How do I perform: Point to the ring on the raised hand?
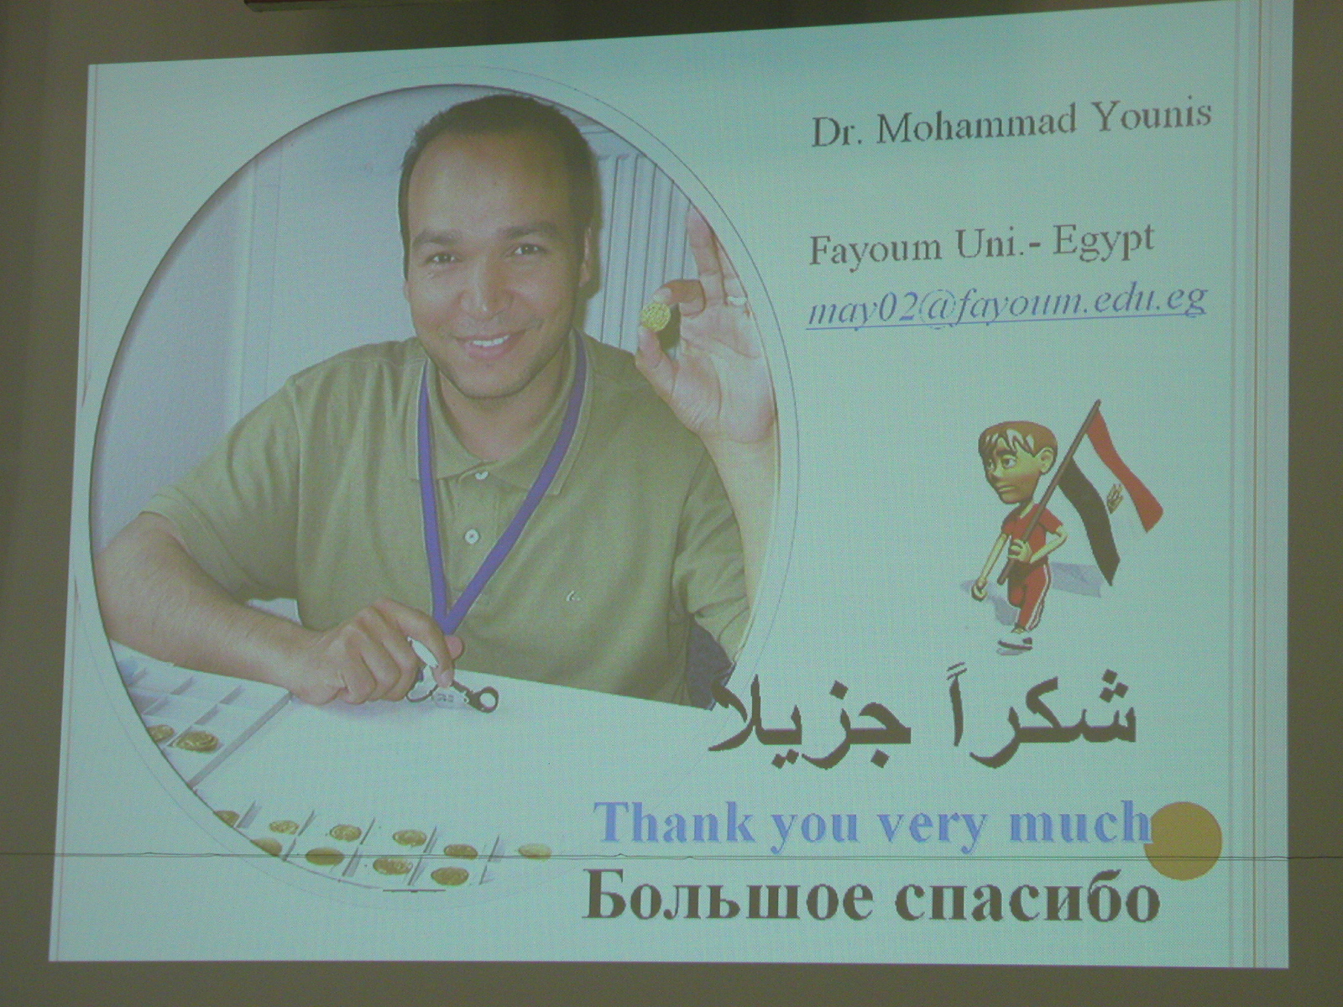point(737,299)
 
